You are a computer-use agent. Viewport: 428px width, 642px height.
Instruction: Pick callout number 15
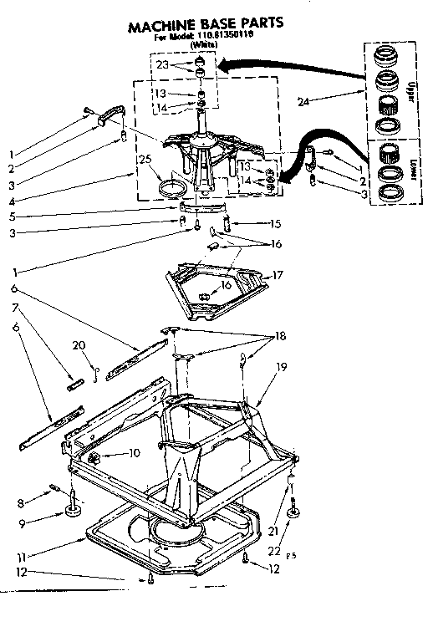click(x=275, y=224)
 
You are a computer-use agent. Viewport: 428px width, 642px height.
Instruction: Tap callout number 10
click(x=133, y=454)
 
